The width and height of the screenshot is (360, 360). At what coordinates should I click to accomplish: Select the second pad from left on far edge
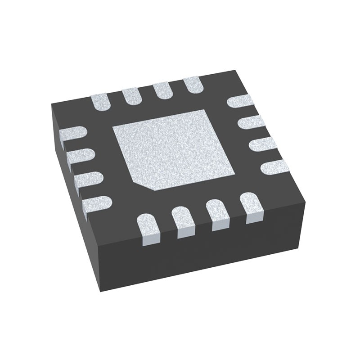[x=131, y=95]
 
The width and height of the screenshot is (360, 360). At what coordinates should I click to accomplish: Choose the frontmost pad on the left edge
[x=97, y=204]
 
